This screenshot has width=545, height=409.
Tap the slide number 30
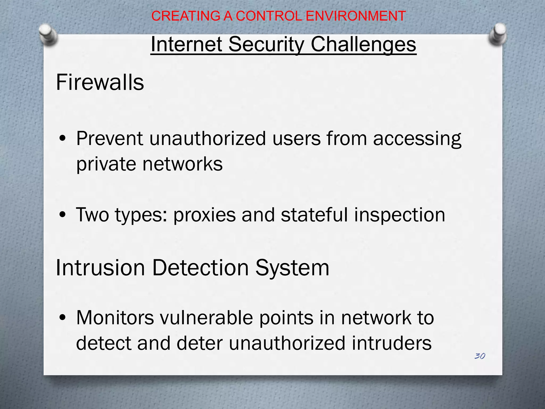point(480,356)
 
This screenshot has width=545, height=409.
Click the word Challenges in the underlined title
point(363,44)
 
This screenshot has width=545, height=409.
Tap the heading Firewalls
point(100,82)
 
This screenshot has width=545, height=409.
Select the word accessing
point(417,139)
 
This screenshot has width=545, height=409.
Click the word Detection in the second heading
point(200,268)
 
